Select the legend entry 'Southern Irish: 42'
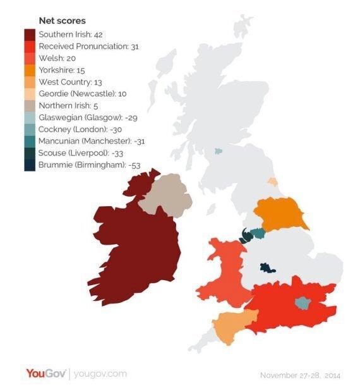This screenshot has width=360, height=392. (x=71, y=35)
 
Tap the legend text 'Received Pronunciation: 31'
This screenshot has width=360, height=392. (x=88, y=46)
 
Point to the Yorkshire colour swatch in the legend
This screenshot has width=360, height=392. (x=30, y=70)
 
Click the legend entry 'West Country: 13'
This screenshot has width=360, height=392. (x=69, y=82)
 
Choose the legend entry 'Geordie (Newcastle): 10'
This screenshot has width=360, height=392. (x=81, y=93)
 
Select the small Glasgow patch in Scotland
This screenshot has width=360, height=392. (x=219, y=151)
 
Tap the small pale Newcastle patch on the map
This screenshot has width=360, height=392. (x=272, y=181)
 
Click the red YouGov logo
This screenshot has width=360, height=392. (x=45, y=374)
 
